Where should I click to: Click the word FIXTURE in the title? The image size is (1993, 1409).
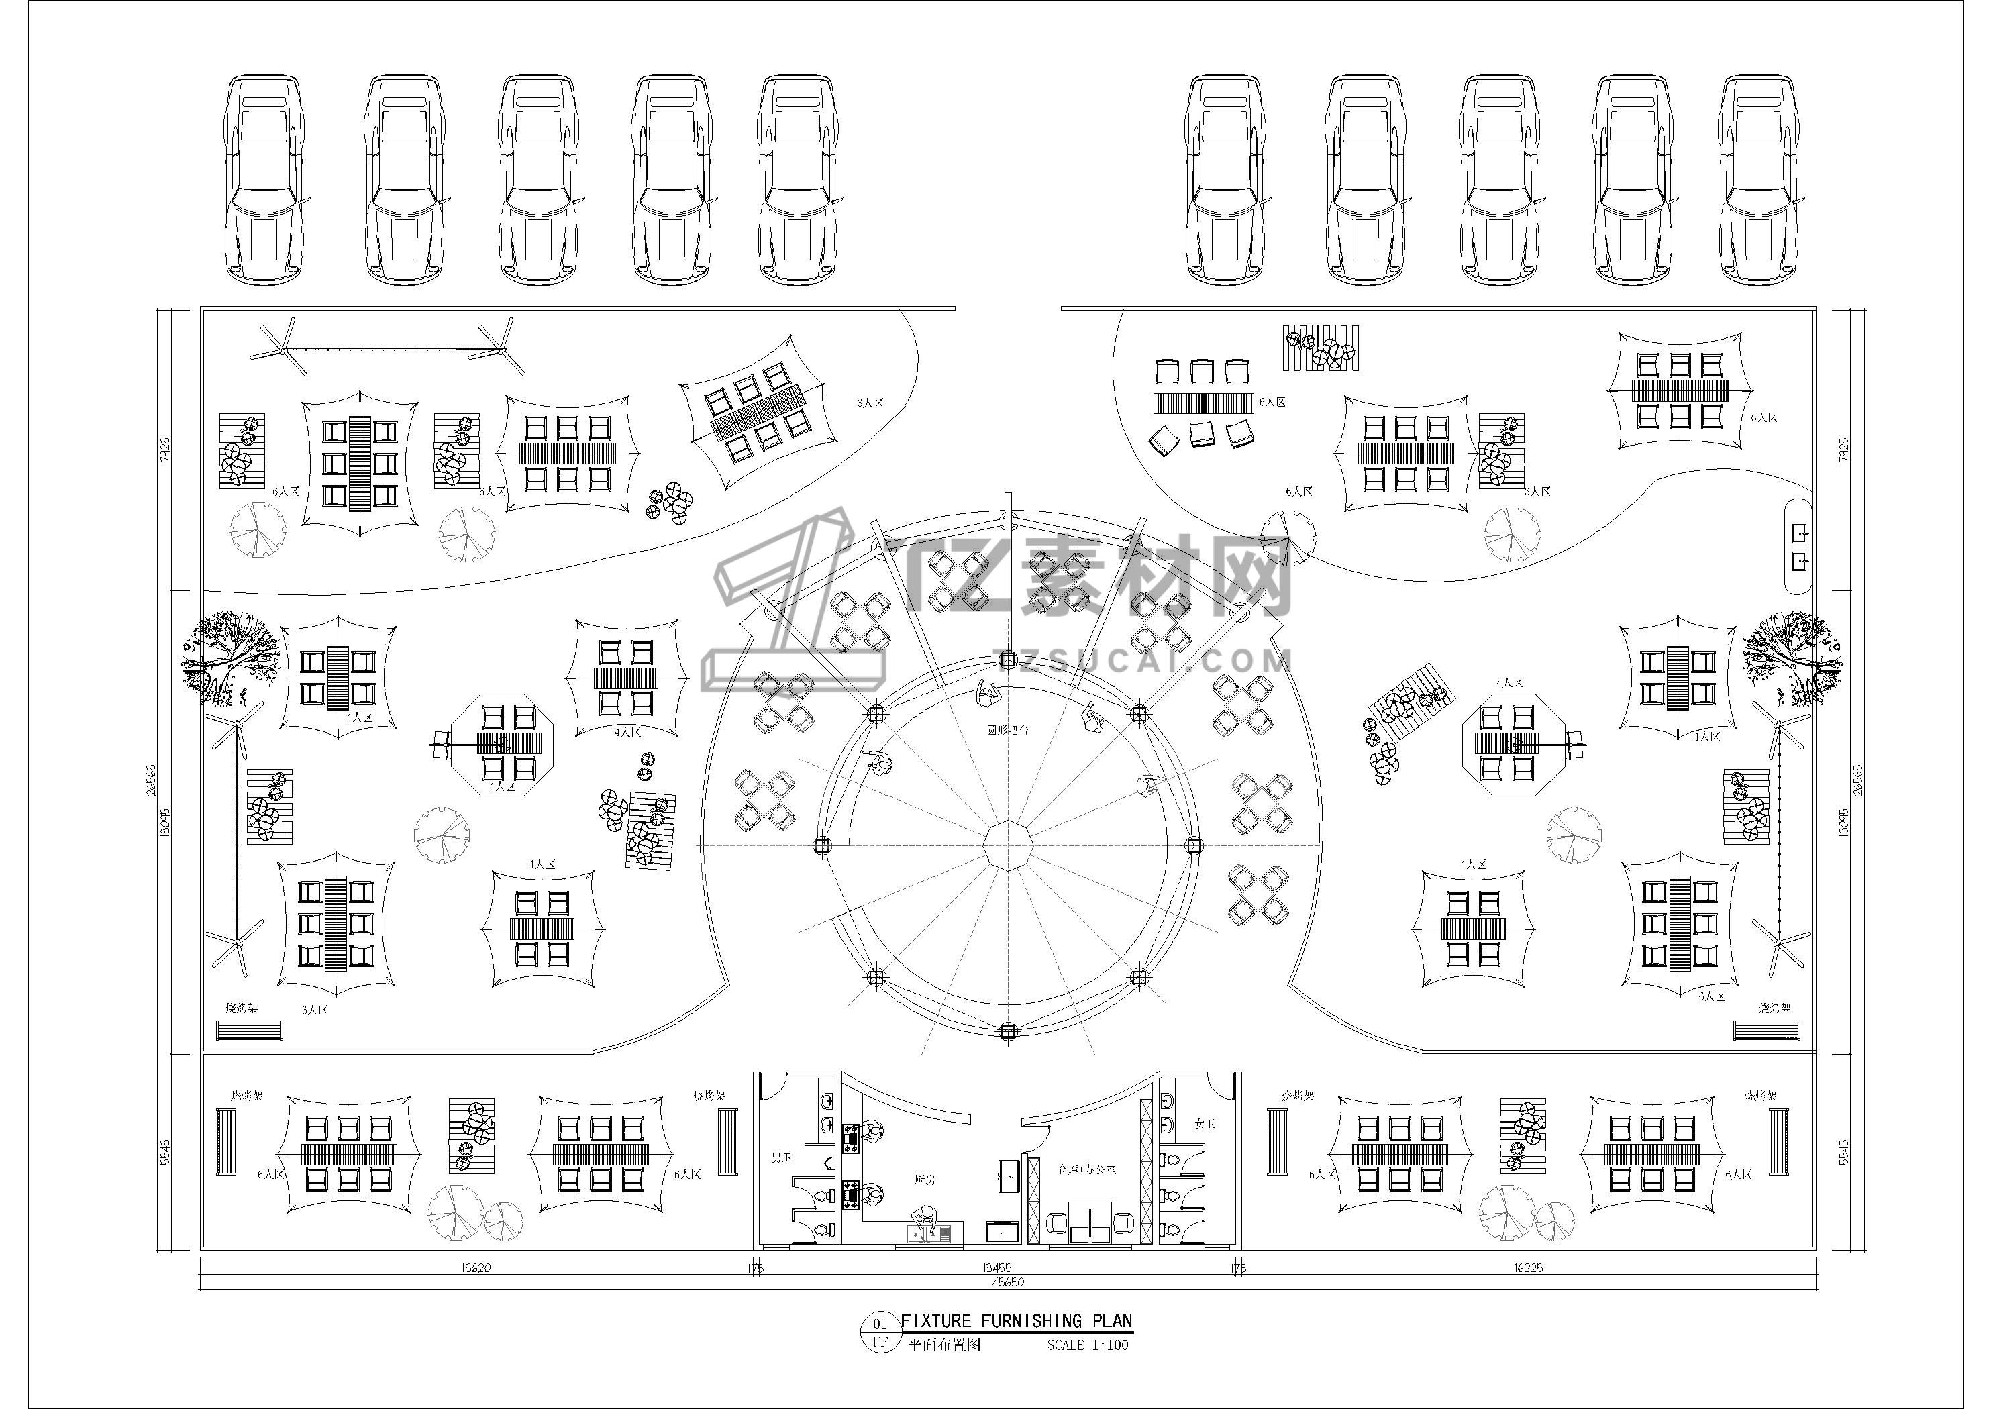point(935,1320)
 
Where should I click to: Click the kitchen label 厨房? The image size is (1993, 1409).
point(925,1181)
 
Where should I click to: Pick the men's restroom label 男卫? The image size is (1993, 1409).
point(780,1158)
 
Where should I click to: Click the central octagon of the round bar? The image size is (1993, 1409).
point(1008,843)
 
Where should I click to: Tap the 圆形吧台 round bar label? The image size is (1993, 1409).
point(1007,730)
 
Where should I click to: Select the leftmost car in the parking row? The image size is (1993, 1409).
point(266,180)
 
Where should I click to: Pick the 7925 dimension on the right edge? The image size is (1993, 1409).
point(1844,449)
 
